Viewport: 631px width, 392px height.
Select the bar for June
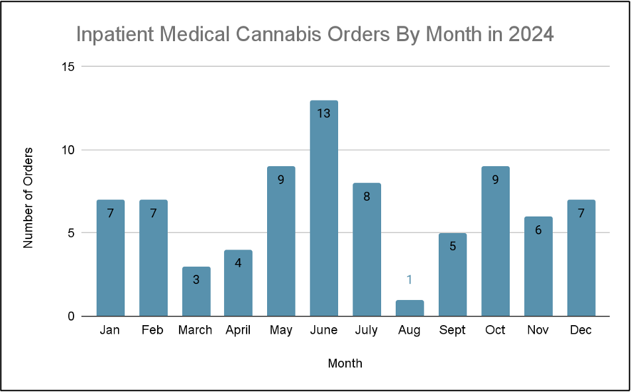(x=323, y=209)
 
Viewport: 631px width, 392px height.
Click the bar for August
(x=409, y=308)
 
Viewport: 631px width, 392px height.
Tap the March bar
(x=196, y=291)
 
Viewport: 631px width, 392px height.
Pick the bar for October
(x=495, y=242)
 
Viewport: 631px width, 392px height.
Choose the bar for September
(x=452, y=275)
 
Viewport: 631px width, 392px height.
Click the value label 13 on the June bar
(x=323, y=113)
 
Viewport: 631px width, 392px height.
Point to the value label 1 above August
(x=409, y=279)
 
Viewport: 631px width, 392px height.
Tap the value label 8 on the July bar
(x=367, y=196)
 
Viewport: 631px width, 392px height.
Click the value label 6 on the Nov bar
(x=538, y=230)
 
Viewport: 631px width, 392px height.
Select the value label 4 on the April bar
(x=238, y=263)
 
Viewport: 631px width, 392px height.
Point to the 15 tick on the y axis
(x=69, y=67)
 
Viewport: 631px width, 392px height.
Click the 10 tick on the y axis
(x=69, y=150)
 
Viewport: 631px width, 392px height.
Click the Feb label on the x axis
(x=152, y=330)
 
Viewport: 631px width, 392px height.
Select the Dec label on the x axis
(x=581, y=330)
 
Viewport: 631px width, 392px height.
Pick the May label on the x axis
(x=281, y=330)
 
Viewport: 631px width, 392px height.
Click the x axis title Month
(x=345, y=364)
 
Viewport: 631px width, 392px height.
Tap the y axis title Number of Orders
(x=28, y=198)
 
